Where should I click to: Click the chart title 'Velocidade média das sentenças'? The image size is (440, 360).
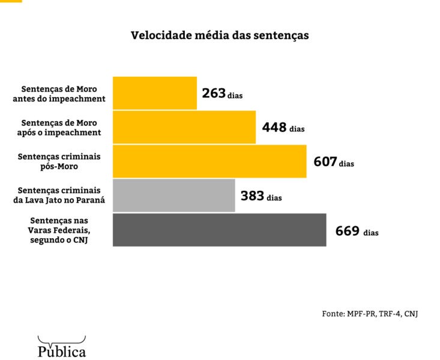pyautogui.click(x=220, y=35)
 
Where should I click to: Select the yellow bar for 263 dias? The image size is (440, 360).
pyautogui.click(x=155, y=93)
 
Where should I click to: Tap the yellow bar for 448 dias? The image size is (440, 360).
pyautogui.click(x=184, y=127)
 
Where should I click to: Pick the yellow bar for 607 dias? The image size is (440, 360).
pyautogui.click(x=209, y=161)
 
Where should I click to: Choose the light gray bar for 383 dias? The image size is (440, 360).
pyautogui.click(x=174, y=196)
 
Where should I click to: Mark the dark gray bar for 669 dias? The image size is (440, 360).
pyautogui.click(x=220, y=230)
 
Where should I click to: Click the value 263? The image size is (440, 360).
pyautogui.click(x=214, y=93)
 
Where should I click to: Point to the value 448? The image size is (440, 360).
pyautogui.click(x=274, y=127)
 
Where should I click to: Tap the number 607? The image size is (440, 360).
pyautogui.click(x=325, y=161)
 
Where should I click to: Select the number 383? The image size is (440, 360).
pyautogui.click(x=253, y=196)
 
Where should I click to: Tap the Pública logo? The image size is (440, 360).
pyautogui.click(x=62, y=347)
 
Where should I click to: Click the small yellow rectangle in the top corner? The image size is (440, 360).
pyautogui.click(x=11, y=1)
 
